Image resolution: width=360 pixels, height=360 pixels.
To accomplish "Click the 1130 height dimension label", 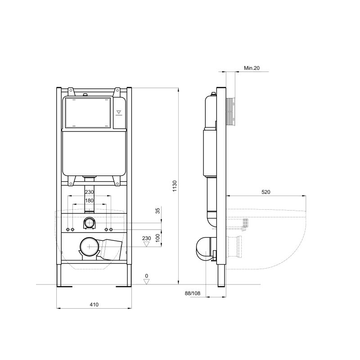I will pyautogui.click(x=175, y=185).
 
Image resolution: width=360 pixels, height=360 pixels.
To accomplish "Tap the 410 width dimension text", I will pyautogui.click(x=94, y=305).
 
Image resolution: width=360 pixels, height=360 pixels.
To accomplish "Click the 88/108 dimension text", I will pyautogui.click(x=193, y=293).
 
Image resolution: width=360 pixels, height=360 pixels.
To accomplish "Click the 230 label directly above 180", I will pyautogui.click(x=90, y=192).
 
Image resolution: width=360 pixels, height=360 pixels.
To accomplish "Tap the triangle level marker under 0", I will pyautogui.click(x=146, y=281).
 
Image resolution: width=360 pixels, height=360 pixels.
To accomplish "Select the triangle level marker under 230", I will pyautogui.click(x=146, y=244).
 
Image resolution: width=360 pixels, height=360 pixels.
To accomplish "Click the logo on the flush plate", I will pyautogui.click(x=119, y=112).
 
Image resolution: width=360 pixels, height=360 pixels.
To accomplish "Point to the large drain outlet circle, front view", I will pyautogui.click(x=89, y=247).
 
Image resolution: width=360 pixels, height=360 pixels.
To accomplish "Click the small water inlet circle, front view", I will pyautogui.click(x=90, y=222).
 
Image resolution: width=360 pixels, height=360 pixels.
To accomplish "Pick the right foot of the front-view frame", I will pyautogui.click(x=123, y=285).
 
